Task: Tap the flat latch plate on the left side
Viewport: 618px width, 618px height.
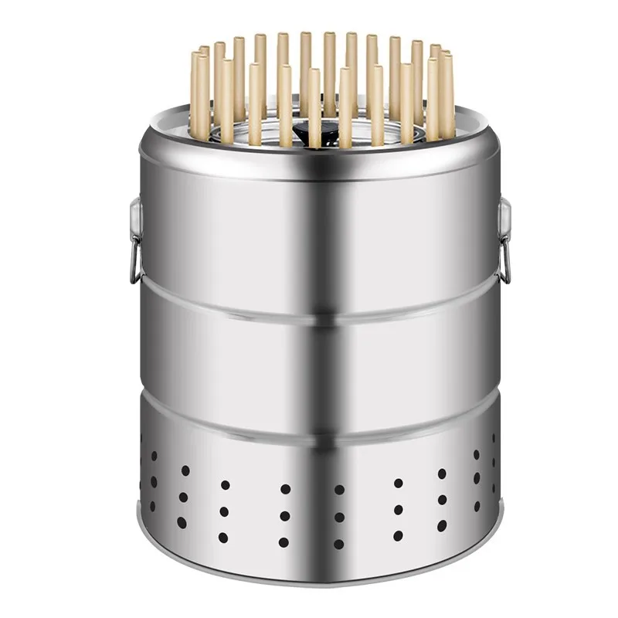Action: click(136, 216)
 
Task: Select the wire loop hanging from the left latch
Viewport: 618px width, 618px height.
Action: click(134, 261)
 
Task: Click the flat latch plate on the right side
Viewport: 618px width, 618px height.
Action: click(504, 216)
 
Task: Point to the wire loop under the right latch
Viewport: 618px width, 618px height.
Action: click(505, 261)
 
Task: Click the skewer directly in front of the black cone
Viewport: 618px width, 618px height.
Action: click(314, 108)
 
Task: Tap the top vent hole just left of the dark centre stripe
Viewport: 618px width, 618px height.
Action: click(285, 489)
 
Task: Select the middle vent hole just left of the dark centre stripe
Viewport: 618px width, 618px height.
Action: click(285, 515)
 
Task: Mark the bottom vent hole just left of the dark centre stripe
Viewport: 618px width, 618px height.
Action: click(285, 542)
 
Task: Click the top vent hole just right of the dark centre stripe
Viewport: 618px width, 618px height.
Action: click(339, 489)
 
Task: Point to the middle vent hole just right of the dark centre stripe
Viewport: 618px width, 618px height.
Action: click(339, 516)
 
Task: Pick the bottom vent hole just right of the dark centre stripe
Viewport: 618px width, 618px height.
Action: click(339, 543)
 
